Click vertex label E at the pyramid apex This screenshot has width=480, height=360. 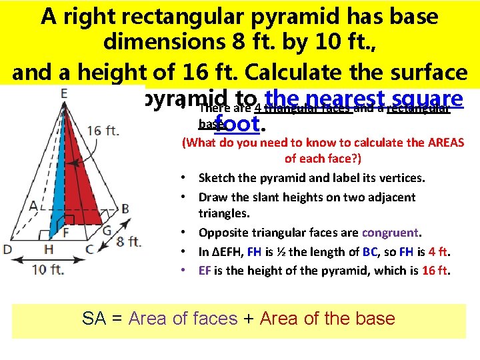[x=63, y=94]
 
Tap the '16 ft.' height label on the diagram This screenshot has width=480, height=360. [x=104, y=130]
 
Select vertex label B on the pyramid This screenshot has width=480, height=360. [x=125, y=208]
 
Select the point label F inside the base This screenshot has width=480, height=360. [x=65, y=233]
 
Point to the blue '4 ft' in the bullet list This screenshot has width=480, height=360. [x=439, y=252]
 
